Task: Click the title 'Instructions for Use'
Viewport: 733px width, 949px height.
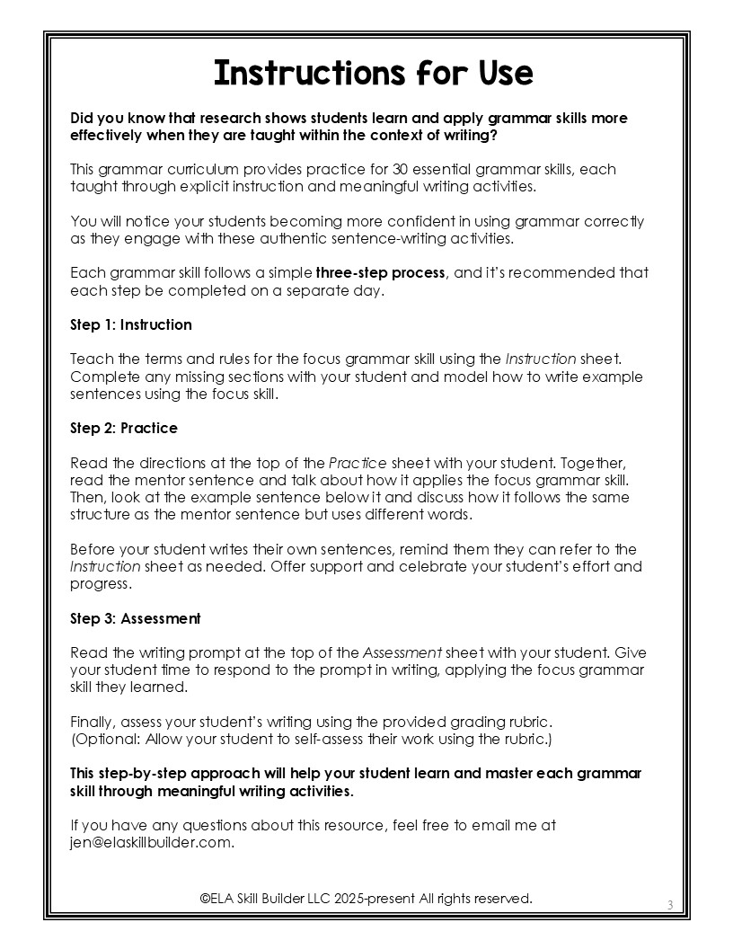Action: tap(373, 73)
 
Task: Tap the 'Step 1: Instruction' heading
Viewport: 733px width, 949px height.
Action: tap(131, 324)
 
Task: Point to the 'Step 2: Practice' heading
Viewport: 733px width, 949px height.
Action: tap(124, 428)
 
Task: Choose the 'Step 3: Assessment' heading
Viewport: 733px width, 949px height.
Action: tap(136, 618)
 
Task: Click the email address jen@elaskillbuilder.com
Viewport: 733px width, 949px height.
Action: tap(151, 842)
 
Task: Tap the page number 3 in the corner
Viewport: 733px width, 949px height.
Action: tap(670, 904)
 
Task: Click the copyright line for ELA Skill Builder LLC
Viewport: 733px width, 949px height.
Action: tap(366, 898)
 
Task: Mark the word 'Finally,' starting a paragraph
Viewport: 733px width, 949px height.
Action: tap(93, 722)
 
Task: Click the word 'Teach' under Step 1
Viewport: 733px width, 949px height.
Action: tap(88, 359)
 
